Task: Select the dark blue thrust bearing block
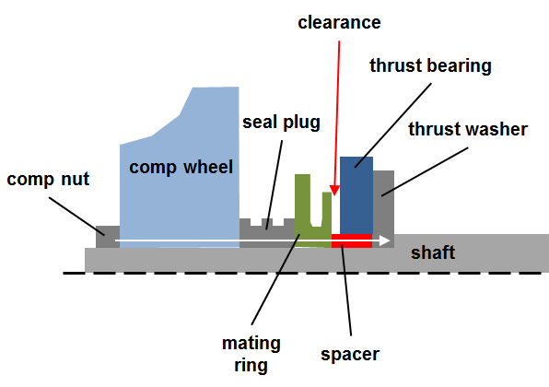pyautogui.click(x=356, y=195)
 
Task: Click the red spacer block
pyautogui.click(x=352, y=240)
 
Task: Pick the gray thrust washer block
pyautogui.click(x=383, y=209)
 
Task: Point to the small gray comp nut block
pyautogui.click(x=108, y=237)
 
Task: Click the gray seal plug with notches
pyautogui.click(x=267, y=234)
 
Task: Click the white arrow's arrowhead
pyautogui.click(x=385, y=240)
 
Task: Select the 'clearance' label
pyautogui.click(x=339, y=23)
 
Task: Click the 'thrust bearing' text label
pyautogui.click(x=431, y=65)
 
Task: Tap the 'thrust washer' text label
pyautogui.click(x=468, y=129)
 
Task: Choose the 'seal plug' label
pyautogui.click(x=282, y=123)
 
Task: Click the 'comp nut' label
pyautogui.click(x=48, y=180)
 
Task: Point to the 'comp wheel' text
pyautogui.click(x=181, y=168)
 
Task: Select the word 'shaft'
pyautogui.click(x=433, y=252)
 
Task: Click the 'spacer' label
pyautogui.click(x=350, y=355)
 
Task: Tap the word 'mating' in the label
pyautogui.click(x=251, y=344)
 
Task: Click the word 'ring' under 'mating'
pyautogui.click(x=251, y=365)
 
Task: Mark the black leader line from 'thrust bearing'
pyautogui.click(x=392, y=125)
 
